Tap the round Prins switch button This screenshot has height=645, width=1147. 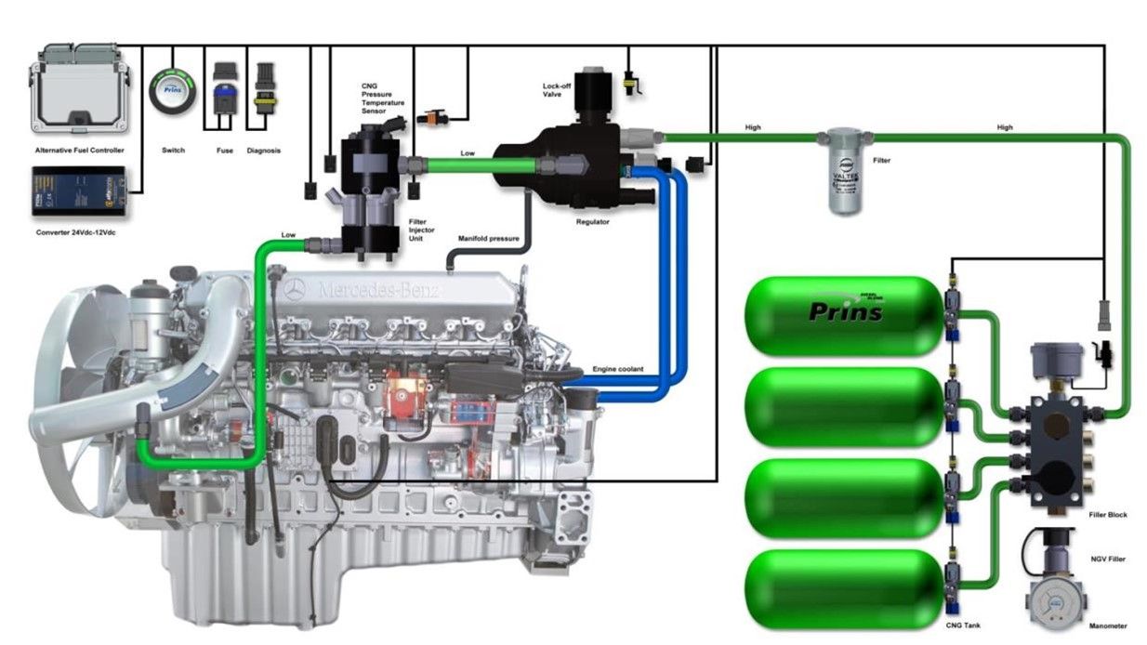[x=173, y=92]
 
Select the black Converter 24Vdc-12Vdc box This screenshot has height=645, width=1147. [x=78, y=191]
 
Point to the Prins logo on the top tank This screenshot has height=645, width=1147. [x=845, y=309]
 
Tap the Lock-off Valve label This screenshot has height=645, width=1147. [x=557, y=91]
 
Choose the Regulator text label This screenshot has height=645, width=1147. [x=591, y=223]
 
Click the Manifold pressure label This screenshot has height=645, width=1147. [x=489, y=239]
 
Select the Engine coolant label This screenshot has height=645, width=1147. [x=618, y=370]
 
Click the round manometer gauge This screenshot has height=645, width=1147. [x=1057, y=605]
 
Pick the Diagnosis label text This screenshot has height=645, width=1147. [x=264, y=151]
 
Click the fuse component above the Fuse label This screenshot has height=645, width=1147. [x=224, y=87]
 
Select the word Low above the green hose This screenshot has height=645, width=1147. [x=468, y=153]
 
